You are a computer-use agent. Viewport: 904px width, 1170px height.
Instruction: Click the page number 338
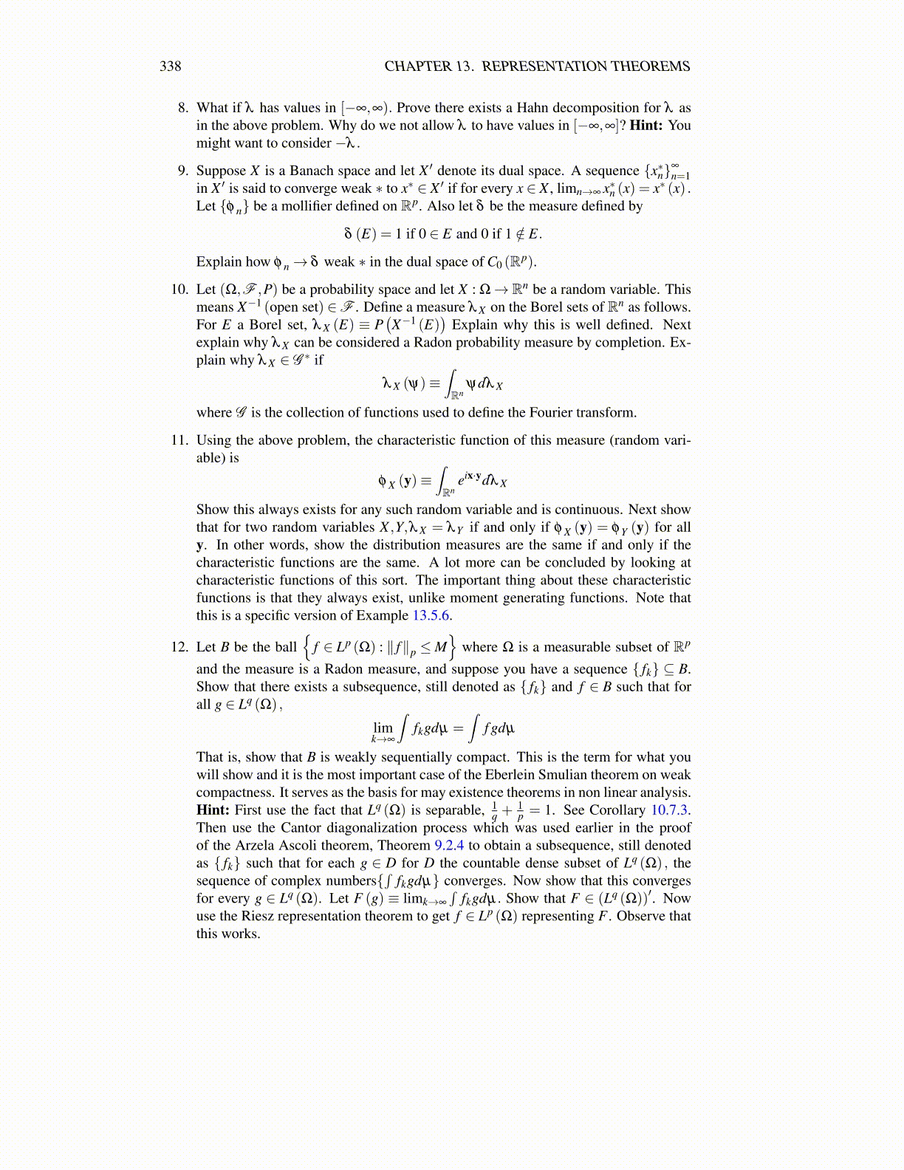tap(171, 66)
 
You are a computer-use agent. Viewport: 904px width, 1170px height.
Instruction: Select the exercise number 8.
tap(183, 108)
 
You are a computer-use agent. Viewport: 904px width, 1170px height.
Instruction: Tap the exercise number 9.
tap(183, 171)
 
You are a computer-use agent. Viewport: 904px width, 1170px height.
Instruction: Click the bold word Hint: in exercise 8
tap(646, 126)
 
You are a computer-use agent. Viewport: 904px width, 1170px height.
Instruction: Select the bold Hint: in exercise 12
tap(213, 810)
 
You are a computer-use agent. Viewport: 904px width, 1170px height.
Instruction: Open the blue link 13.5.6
tap(431, 616)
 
